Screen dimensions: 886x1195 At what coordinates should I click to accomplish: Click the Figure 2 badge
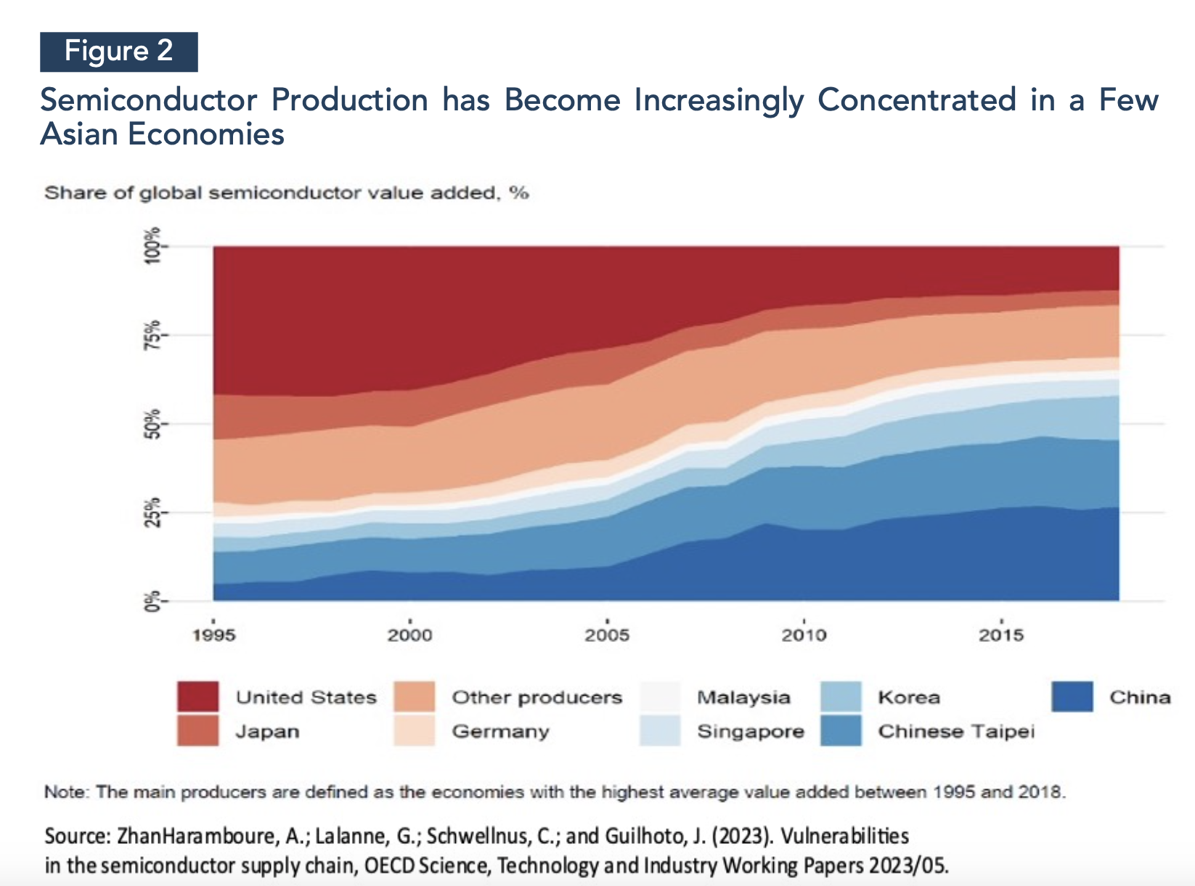tap(118, 52)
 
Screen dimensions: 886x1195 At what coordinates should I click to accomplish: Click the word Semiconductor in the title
tap(149, 100)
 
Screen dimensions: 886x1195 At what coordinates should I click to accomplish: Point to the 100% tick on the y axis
tap(152, 246)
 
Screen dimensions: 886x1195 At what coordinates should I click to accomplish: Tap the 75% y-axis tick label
tap(152, 335)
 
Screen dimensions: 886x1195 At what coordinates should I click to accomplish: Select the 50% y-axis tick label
tap(152, 423)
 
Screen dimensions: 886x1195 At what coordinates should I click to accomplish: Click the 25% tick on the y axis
tap(152, 512)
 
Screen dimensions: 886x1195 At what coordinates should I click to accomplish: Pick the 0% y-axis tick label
tap(152, 601)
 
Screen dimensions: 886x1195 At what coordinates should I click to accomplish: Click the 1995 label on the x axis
tap(214, 635)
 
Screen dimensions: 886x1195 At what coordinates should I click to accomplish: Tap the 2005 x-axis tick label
tap(607, 635)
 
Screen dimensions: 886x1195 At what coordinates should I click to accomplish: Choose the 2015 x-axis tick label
tap(1001, 635)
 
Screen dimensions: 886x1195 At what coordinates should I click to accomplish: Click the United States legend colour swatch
tap(197, 697)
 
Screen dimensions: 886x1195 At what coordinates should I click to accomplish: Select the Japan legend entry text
tap(267, 731)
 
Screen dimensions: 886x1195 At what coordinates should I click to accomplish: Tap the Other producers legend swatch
tap(415, 697)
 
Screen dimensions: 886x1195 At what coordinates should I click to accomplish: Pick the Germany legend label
tap(500, 731)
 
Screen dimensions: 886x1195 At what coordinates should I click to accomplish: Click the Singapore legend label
tap(751, 731)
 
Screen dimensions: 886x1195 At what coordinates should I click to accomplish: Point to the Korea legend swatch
tap(841, 697)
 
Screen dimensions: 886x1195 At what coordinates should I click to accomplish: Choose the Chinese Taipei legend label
tap(956, 731)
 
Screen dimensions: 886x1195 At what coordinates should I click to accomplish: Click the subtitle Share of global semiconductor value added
tap(286, 193)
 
